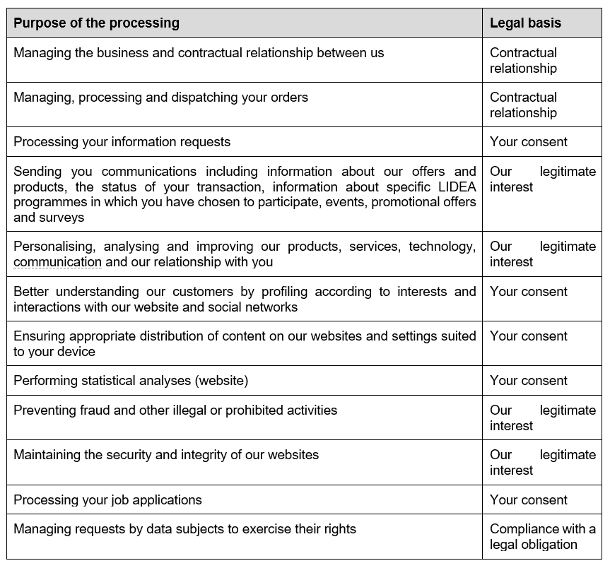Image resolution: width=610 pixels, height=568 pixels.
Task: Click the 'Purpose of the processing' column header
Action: tap(96, 23)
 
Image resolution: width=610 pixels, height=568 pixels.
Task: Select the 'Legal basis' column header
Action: tap(525, 23)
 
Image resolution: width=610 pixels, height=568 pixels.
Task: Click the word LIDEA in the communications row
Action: tap(457, 187)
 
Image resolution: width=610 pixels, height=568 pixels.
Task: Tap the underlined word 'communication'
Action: tap(57, 262)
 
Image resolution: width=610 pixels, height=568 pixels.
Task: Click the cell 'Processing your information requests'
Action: tap(122, 142)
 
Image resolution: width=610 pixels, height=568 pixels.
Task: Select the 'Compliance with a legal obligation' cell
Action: tap(542, 537)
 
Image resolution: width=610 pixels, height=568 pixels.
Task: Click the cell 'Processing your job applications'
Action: tap(107, 500)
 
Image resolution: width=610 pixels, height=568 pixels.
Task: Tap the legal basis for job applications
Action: tap(528, 500)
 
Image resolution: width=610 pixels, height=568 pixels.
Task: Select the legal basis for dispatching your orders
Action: tap(523, 105)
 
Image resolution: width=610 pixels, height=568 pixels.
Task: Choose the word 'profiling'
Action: tap(285, 292)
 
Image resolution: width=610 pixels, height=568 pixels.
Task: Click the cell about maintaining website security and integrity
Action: tap(166, 455)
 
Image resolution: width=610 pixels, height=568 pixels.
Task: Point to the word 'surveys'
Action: tap(61, 218)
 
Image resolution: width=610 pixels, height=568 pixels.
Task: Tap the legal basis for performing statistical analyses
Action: tap(528, 381)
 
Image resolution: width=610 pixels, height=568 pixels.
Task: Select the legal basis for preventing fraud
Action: tap(542, 418)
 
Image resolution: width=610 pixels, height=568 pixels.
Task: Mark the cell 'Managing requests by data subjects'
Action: tap(184, 529)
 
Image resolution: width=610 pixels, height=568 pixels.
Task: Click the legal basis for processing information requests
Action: tap(528, 142)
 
